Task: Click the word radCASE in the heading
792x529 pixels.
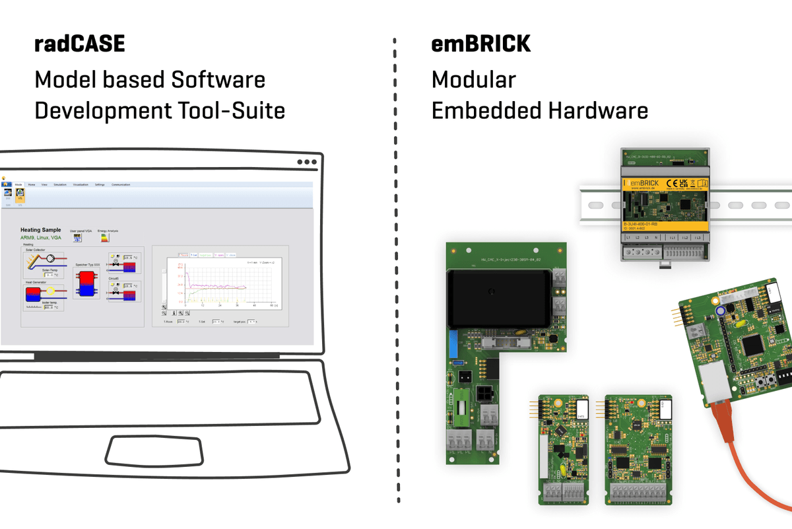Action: point(79,44)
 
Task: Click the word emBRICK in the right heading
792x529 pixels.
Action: point(480,44)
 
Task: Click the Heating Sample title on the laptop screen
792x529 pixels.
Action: point(41,230)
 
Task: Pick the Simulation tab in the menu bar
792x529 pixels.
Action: point(59,185)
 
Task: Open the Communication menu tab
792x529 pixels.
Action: point(121,185)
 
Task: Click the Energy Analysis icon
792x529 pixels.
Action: point(105,238)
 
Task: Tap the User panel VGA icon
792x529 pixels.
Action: point(78,238)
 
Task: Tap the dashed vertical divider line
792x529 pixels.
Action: point(396,264)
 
